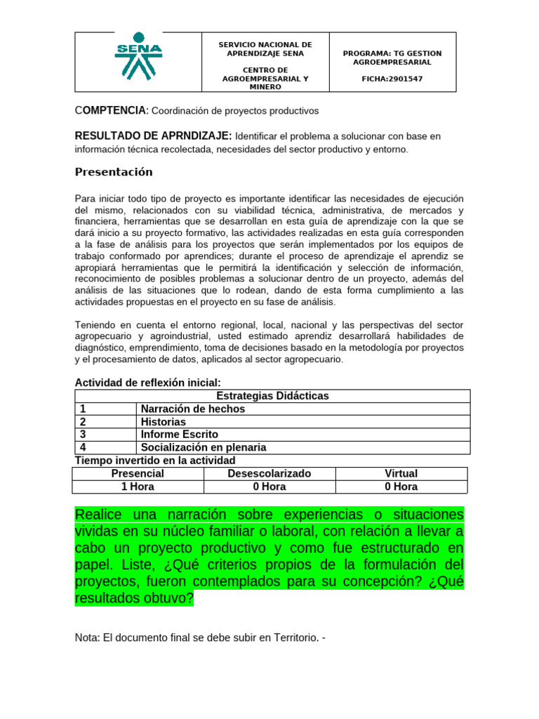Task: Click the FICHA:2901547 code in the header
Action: click(x=392, y=79)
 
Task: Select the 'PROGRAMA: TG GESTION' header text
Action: click(x=392, y=53)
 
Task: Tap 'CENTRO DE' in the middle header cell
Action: click(x=265, y=70)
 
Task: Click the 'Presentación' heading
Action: click(x=114, y=172)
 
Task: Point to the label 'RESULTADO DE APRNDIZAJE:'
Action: click(x=154, y=136)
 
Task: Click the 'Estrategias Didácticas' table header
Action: click(x=272, y=396)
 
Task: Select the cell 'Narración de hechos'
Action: click(x=193, y=409)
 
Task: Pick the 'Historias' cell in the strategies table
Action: click(x=164, y=422)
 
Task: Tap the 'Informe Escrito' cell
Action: click(x=180, y=435)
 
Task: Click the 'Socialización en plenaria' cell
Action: click(x=204, y=447)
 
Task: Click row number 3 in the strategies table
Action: click(x=83, y=435)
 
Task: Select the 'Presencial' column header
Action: click(x=138, y=473)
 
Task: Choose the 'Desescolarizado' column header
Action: click(x=269, y=473)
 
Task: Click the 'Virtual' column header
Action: click(x=401, y=473)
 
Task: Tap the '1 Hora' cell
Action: click(x=138, y=486)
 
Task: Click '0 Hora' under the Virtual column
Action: click(x=401, y=486)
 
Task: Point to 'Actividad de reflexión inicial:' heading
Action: click(x=148, y=383)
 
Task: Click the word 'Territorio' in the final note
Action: click(x=288, y=638)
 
